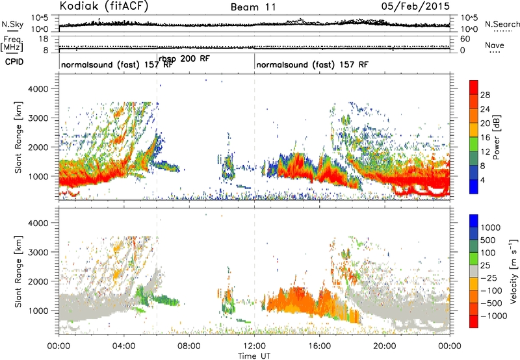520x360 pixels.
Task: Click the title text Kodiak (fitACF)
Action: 104,6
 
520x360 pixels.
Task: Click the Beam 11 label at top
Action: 253,7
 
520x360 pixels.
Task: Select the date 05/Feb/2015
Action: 415,6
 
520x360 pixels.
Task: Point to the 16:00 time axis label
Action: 319,346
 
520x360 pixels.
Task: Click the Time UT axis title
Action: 254,356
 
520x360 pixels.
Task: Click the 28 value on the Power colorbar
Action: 485,95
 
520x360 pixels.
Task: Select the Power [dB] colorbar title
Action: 496,137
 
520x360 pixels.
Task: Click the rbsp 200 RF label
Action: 184,58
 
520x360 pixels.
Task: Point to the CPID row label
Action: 14,62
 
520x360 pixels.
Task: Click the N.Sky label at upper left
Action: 12,24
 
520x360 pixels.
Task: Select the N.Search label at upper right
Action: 502,24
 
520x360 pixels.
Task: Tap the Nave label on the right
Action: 495,45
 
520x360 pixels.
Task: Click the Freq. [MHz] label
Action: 12,44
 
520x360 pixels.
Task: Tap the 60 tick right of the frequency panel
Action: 465,39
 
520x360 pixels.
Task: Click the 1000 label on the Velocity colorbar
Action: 491,227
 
